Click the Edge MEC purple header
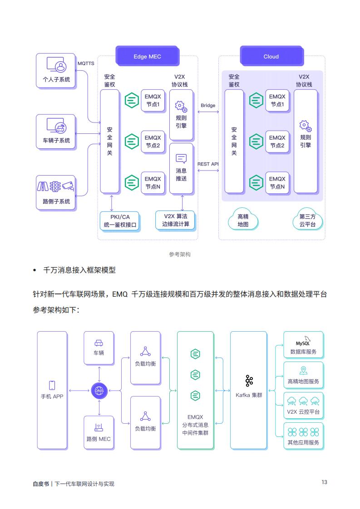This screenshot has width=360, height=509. tap(147, 56)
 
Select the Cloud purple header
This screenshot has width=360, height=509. tap(271, 56)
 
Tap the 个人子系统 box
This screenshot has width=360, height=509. tap(56, 71)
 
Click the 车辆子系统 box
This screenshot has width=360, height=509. tap(56, 132)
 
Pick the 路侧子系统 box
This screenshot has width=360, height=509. tap(56, 193)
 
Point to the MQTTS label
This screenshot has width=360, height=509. tap(86, 64)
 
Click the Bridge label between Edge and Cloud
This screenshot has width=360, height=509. tap(208, 105)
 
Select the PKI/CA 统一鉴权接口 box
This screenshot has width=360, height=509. tap(120, 221)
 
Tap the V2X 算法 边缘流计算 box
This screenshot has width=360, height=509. tap(176, 220)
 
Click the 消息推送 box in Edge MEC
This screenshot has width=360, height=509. tap(181, 169)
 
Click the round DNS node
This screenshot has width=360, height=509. tap(99, 391)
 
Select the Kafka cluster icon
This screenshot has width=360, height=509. tap(249, 381)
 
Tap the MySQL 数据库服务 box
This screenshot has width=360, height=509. tap(303, 345)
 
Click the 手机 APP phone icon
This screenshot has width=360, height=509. tap(52, 385)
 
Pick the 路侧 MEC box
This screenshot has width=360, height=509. tap(99, 433)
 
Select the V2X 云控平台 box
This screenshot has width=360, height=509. tap(303, 406)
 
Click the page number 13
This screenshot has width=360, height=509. tap(324, 482)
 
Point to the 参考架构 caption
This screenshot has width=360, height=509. tap(180, 254)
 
